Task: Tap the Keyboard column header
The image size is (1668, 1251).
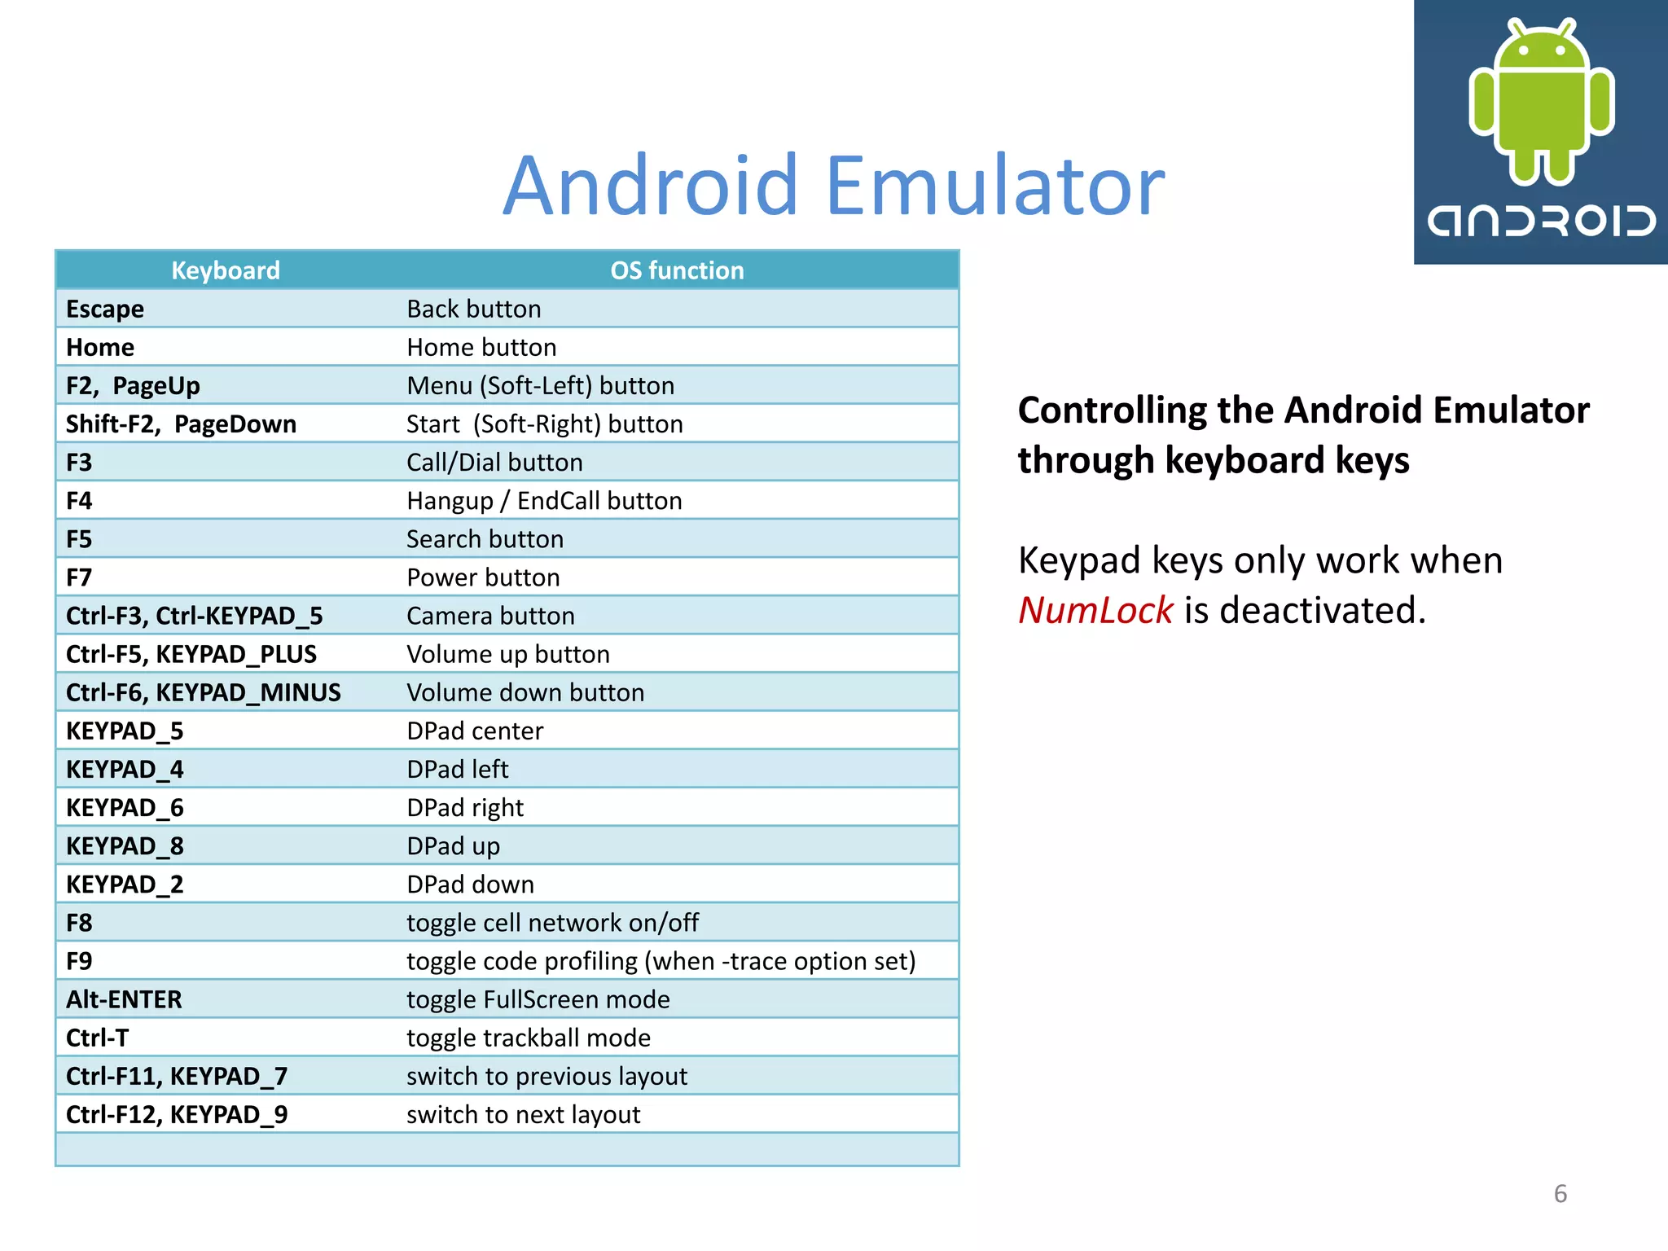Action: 226,270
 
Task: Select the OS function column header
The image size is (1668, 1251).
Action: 677,270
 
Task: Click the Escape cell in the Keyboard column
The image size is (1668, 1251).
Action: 105,309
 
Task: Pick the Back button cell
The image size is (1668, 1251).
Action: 474,309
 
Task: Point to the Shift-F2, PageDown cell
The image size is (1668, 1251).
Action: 181,424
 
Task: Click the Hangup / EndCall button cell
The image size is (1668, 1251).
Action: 544,501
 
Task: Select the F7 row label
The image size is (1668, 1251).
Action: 79,577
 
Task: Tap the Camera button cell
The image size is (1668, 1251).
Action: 490,616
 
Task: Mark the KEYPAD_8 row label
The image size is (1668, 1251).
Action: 125,846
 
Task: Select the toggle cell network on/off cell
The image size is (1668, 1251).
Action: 552,923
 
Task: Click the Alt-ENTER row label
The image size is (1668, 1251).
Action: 124,999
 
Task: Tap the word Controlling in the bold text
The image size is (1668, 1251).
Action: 1111,410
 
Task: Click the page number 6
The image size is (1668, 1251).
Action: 1560,1194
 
